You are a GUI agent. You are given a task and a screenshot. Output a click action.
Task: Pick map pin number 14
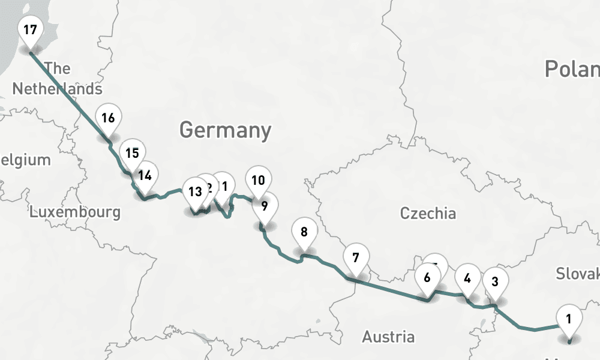(x=145, y=175)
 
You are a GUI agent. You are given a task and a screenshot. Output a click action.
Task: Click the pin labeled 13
(x=195, y=192)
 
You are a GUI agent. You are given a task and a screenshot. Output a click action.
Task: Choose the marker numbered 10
(x=258, y=180)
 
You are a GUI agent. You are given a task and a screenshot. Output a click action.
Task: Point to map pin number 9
(x=264, y=206)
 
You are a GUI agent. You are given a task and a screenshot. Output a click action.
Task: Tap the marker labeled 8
(x=304, y=231)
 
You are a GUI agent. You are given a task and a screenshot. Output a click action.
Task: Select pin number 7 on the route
(x=356, y=258)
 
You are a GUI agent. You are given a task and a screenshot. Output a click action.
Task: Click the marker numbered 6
(x=427, y=278)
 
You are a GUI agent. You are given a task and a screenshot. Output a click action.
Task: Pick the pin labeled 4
(x=468, y=278)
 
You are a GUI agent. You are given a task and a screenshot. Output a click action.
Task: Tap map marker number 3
(x=495, y=281)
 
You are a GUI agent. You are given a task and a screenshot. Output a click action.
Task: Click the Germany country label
(x=225, y=130)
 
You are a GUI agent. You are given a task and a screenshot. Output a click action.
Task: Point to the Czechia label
(x=428, y=213)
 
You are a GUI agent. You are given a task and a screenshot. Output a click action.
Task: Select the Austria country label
(x=388, y=337)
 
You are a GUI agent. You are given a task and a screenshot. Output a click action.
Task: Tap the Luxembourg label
(x=75, y=212)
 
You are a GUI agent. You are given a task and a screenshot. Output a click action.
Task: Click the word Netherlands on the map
(x=58, y=89)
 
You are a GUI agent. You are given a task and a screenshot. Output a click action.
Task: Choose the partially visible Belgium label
(x=25, y=160)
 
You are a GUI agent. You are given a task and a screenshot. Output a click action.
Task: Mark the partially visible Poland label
(x=572, y=69)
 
